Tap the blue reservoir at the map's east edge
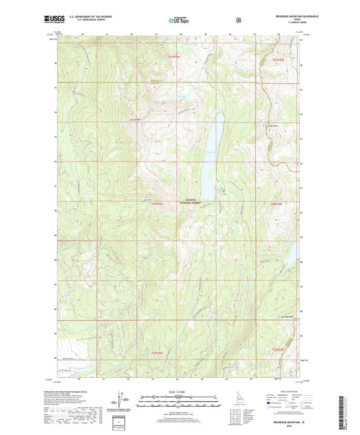(292, 254)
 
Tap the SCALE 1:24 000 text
(178, 391)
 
